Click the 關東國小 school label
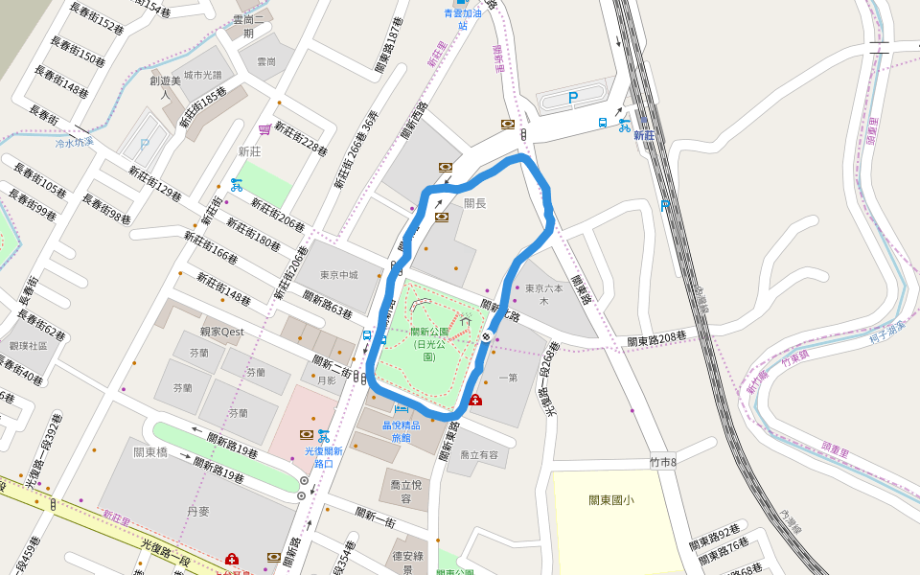click(611, 499)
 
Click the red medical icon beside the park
click(475, 400)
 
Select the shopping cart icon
click(264, 129)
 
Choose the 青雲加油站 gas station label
click(462, 19)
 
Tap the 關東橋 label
click(151, 452)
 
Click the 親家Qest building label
click(222, 332)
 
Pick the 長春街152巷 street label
click(98, 17)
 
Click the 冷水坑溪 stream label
click(75, 142)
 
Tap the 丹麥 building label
click(197, 513)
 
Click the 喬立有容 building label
click(479, 455)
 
